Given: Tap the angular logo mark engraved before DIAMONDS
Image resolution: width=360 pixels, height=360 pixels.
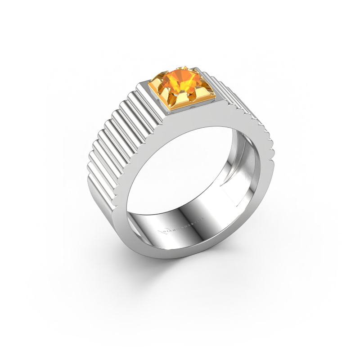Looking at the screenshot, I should (162, 231).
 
